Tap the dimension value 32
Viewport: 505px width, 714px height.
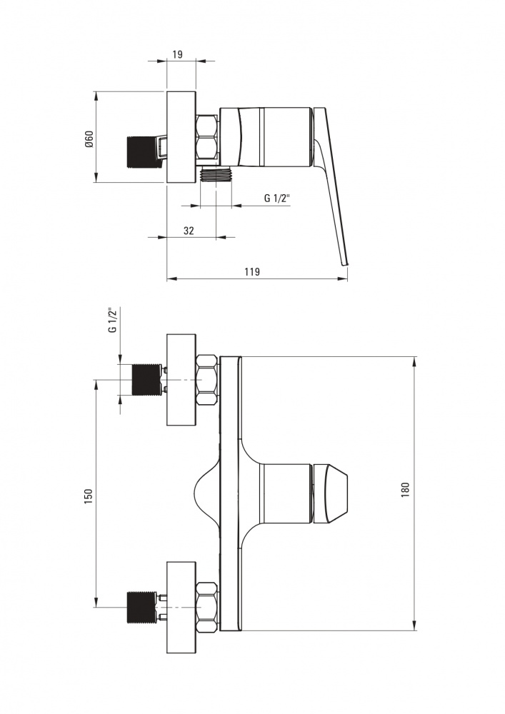coord(189,230)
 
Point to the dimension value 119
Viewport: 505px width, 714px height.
coord(252,271)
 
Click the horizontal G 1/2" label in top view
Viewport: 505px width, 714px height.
coord(276,198)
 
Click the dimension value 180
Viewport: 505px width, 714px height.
coord(405,490)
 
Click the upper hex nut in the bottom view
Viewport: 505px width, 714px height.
coord(207,379)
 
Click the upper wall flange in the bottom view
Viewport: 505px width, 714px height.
coord(181,379)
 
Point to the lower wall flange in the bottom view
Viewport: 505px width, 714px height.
coord(181,607)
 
